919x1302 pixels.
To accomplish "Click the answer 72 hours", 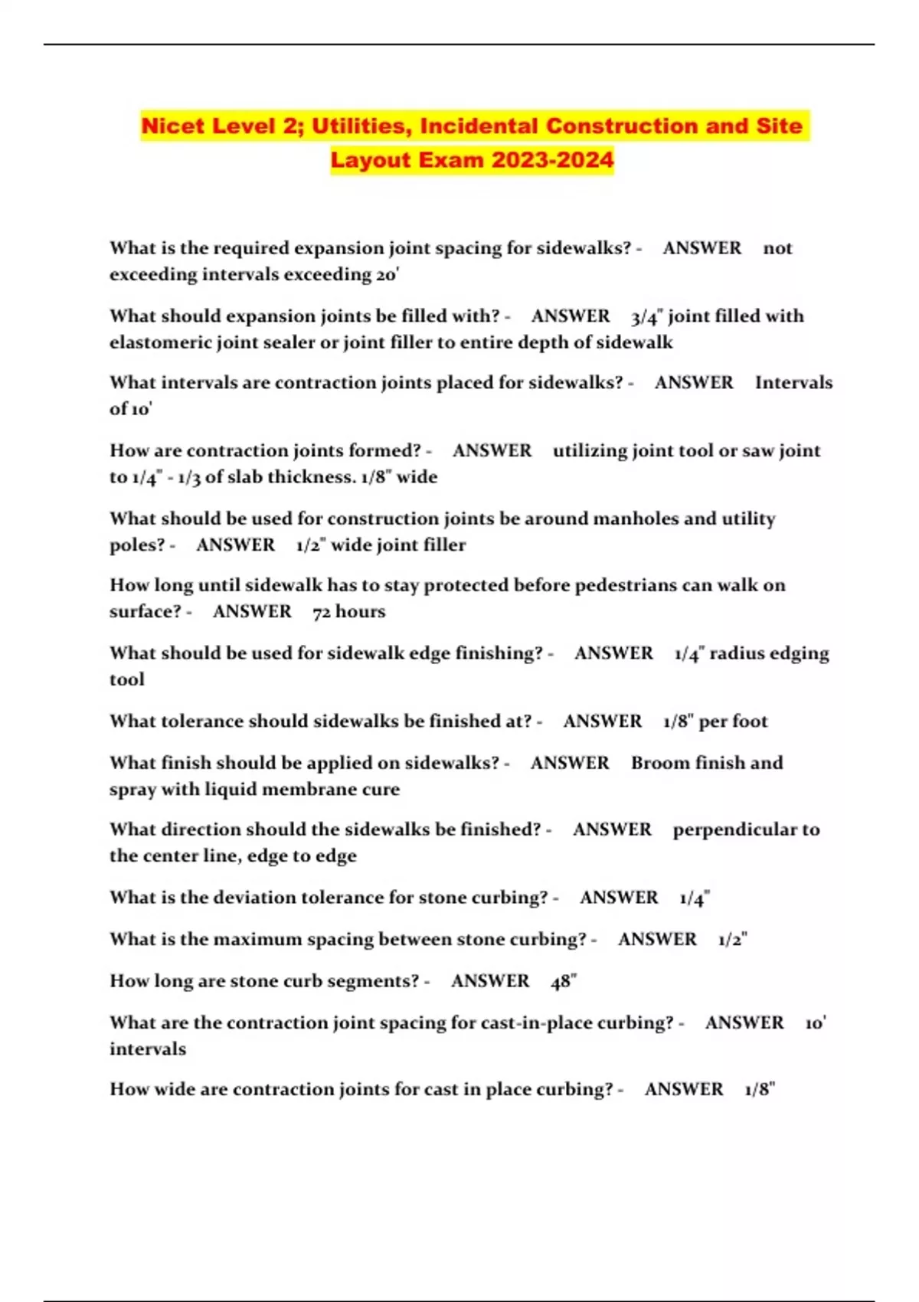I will click(x=349, y=611).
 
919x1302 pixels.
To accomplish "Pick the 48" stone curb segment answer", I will click(x=564, y=981).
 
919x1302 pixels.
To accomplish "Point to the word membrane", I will click(x=313, y=789).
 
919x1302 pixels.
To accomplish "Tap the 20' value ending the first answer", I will click(x=388, y=274).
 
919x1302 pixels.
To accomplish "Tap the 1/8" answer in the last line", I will click(x=760, y=1089).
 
